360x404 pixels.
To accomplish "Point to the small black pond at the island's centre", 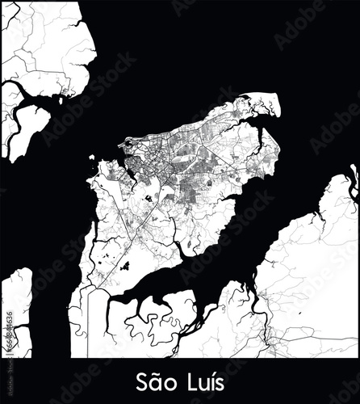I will click(x=148, y=196).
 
